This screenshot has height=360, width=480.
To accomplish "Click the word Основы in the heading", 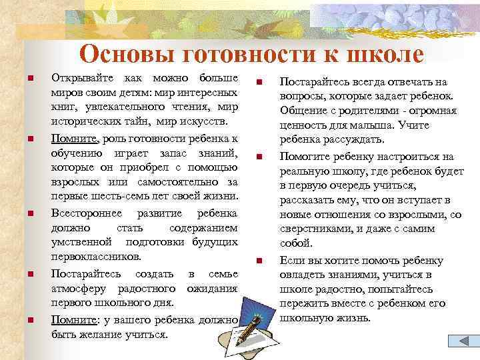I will pos(121,54).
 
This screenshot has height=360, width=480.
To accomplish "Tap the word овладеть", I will pos(303,275).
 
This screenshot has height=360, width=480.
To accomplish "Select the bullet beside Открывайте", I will pos(29,78).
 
